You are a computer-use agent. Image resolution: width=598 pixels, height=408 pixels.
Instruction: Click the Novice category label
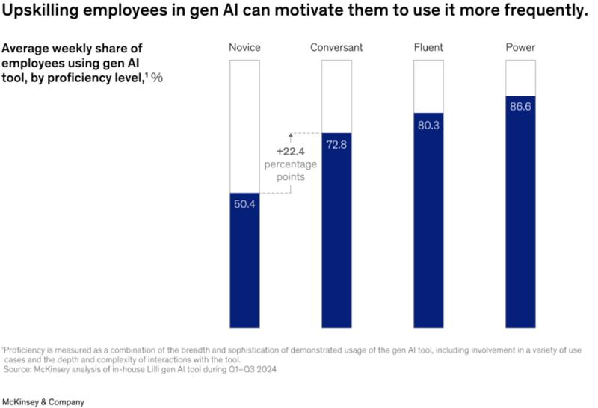244,48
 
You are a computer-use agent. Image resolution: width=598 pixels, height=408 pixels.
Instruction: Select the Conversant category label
336,48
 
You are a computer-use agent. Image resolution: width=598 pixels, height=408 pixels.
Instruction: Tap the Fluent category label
428,48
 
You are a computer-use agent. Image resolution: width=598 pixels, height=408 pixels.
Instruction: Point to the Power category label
520,48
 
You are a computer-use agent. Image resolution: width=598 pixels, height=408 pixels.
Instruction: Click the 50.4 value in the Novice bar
244,204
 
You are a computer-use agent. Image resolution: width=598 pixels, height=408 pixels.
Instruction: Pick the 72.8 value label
336,144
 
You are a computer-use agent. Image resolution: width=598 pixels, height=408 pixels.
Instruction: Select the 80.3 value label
428,125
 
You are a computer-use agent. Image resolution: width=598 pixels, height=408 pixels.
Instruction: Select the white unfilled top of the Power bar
520,77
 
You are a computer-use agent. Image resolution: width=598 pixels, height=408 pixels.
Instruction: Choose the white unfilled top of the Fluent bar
428,85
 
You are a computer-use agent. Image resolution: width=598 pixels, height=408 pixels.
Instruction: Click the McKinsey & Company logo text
43,401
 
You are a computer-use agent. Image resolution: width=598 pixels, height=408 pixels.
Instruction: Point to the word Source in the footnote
17,368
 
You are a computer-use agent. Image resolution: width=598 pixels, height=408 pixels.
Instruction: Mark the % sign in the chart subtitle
157,77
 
